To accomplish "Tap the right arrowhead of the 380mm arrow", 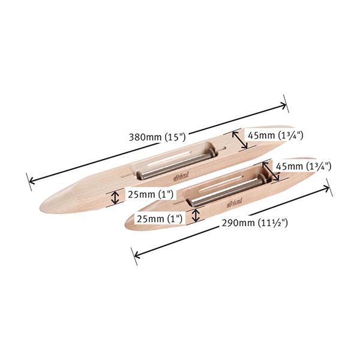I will [x=285, y=106].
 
